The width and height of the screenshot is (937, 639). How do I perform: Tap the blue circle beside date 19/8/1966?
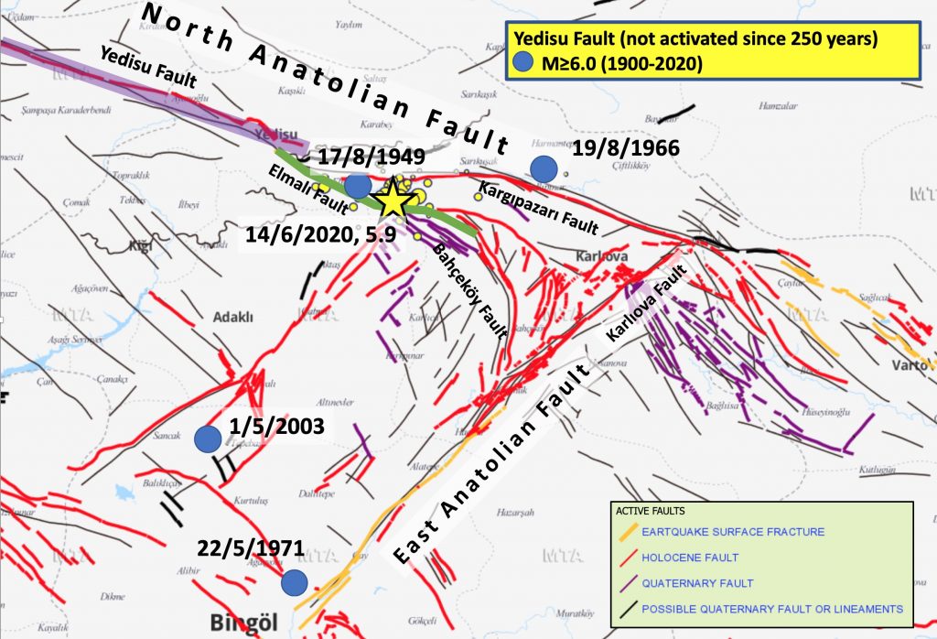(544, 168)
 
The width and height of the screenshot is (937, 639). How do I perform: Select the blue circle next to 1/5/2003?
(209, 439)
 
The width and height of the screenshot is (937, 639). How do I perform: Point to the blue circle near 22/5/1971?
(294, 583)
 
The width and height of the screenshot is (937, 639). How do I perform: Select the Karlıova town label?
(602, 256)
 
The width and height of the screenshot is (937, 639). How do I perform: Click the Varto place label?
(910, 366)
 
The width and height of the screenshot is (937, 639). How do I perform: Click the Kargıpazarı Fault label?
(538, 206)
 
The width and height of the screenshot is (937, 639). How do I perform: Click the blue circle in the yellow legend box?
(522, 63)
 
